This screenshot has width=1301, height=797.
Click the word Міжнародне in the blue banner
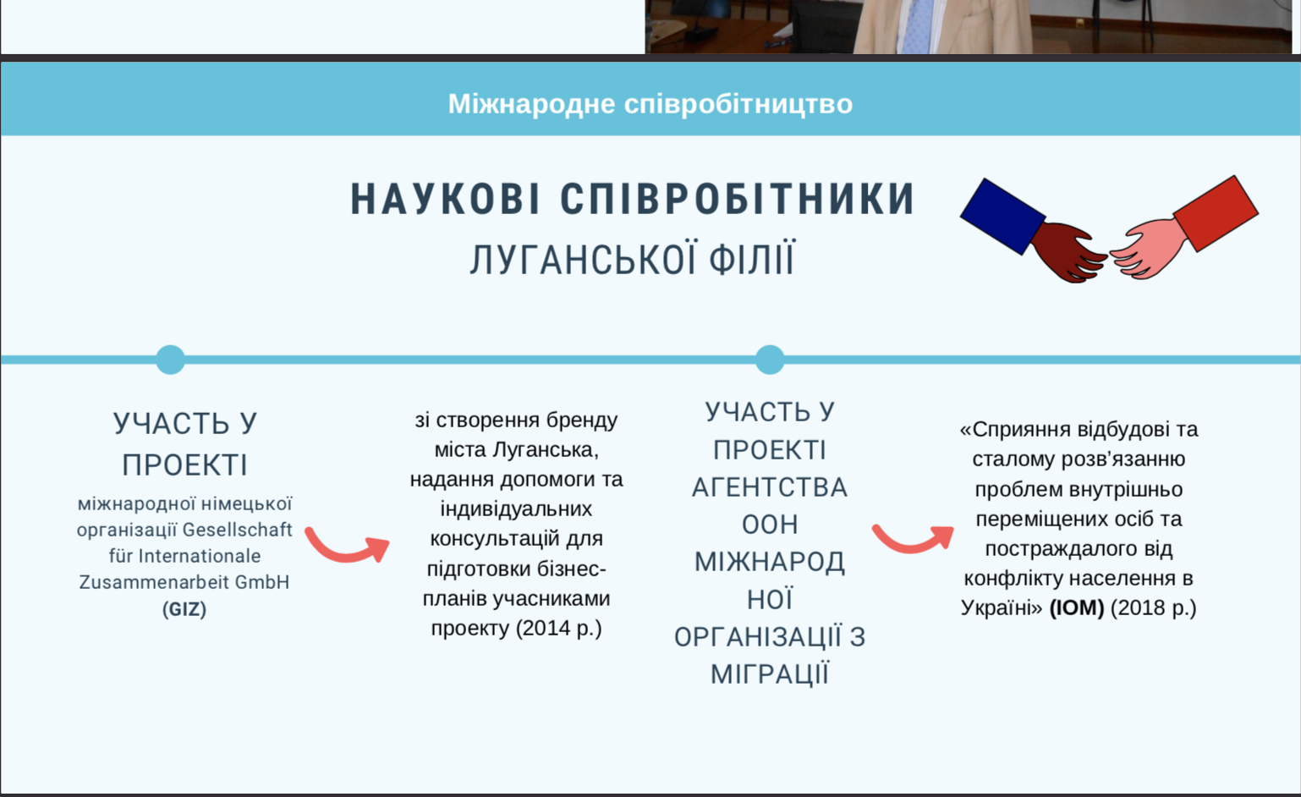point(531,105)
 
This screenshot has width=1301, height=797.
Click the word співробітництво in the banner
point(738,105)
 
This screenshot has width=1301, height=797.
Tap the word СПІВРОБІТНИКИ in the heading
point(738,200)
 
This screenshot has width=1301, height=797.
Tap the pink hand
point(1147,249)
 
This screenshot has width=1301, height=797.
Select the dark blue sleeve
point(1002,216)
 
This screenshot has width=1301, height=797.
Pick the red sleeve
point(1216,213)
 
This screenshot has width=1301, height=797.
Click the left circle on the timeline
point(171,360)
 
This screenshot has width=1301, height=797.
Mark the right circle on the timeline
point(770,360)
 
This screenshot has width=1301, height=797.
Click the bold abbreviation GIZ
point(184,609)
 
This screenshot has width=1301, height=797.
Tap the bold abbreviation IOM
point(1077,608)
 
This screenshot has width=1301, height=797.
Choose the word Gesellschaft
point(238,530)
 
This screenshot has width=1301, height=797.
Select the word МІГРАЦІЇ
point(770,674)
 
